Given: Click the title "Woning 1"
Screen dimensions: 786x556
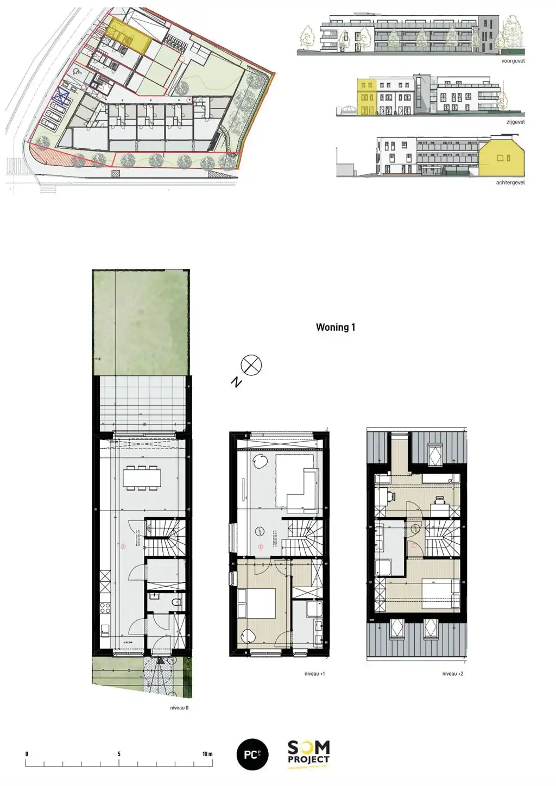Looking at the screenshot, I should [336, 327].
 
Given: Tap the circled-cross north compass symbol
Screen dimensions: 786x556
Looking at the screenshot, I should [251, 366].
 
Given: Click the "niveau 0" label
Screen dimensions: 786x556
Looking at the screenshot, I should [179, 708].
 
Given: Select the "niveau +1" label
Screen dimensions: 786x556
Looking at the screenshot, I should [315, 674].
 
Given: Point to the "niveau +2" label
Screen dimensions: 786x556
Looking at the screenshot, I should [453, 674].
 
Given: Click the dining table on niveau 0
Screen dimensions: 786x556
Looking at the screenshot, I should [142, 477].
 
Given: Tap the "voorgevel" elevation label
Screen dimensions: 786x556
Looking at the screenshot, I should [513, 61].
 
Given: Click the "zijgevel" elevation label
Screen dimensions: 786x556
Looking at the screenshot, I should [515, 122].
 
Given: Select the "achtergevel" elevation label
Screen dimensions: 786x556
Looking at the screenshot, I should [510, 183].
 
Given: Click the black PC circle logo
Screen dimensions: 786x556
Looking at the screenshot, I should [252, 754].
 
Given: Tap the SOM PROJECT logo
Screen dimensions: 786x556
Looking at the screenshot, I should [308, 754].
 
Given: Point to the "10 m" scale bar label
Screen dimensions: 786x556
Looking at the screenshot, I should [207, 754].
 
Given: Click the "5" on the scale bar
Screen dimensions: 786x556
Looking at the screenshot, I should [119, 754].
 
